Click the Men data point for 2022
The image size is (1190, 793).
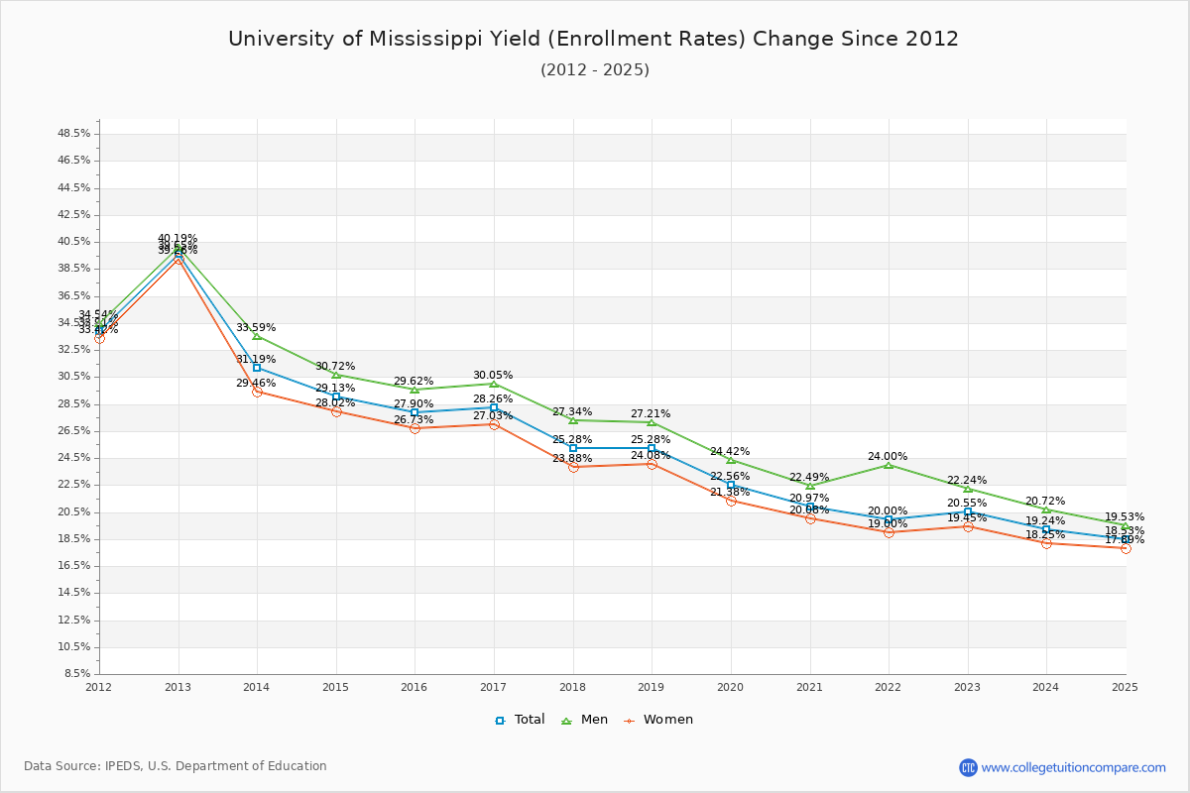[x=889, y=464]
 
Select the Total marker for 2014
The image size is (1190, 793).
[x=257, y=368]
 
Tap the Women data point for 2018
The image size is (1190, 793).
[x=573, y=467]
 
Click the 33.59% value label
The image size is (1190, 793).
[x=256, y=328]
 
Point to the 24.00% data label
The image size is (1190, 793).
[x=888, y=457]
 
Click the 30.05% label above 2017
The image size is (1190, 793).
[x=493, y=376]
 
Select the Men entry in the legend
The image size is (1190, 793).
[x=584, y=720]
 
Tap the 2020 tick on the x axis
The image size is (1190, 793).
[x=731, y=686]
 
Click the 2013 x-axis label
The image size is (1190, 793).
[x=178, y=686]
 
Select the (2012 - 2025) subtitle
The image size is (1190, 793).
[x=595, y=70]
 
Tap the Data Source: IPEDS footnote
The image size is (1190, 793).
[x=176, y=766]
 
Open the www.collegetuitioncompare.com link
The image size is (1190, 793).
[x=1074, y=767]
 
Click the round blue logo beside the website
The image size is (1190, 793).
[x=968, y=767]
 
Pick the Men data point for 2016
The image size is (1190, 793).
[x=415, y=390]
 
